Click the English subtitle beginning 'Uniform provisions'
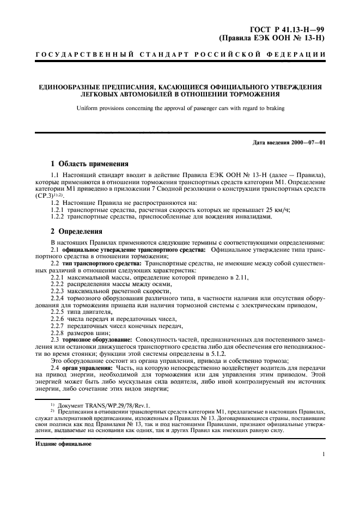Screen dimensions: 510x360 click(180, 108)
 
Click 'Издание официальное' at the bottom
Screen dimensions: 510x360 click(63, 444)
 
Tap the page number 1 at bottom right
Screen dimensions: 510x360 click(324, 453)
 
